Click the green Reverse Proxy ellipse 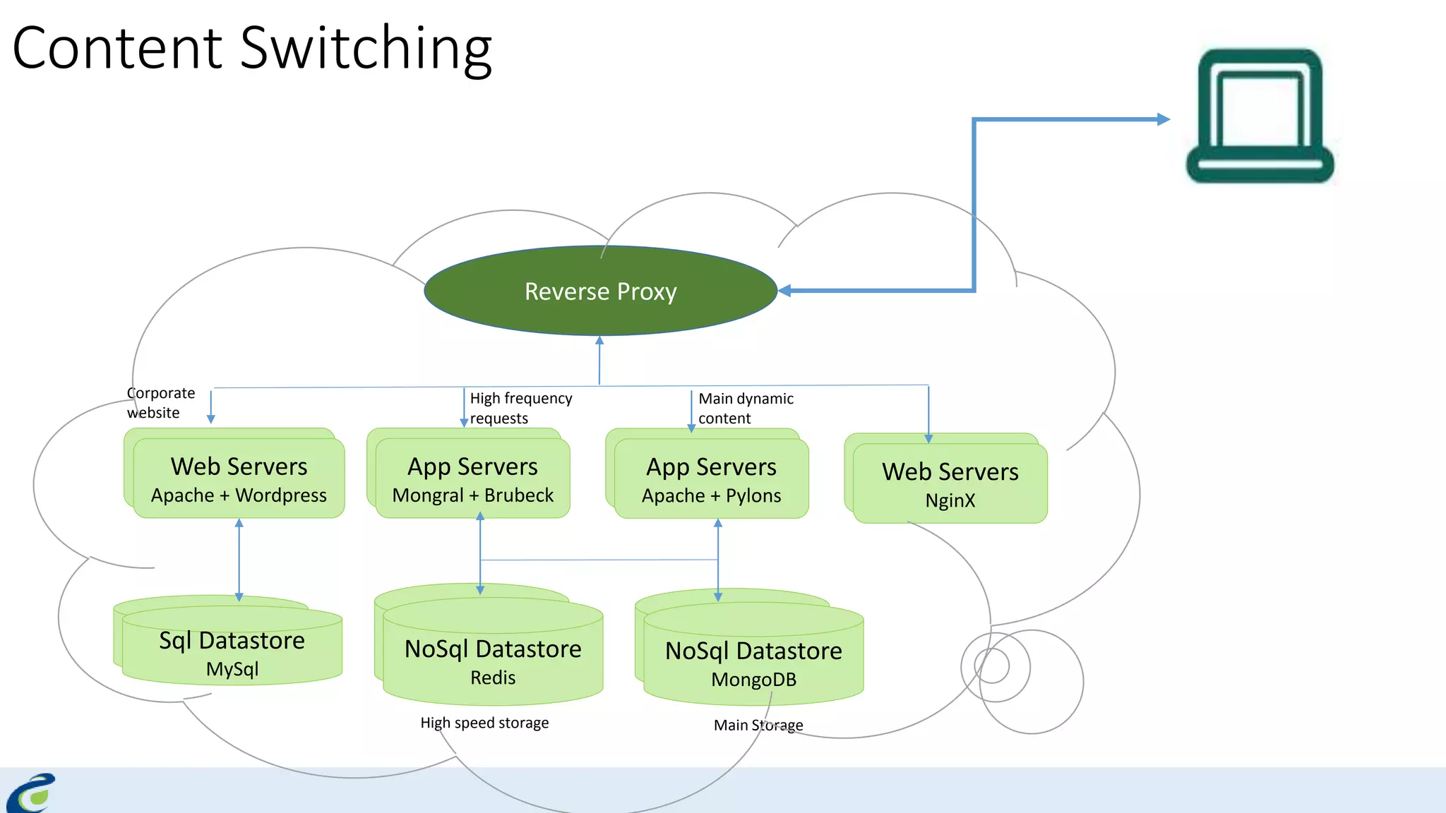600,291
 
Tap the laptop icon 1260,116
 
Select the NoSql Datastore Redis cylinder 493,661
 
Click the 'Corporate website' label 160,402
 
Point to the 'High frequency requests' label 520,408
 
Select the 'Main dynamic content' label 745,408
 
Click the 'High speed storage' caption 484,723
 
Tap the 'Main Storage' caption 758,725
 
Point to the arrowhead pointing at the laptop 1163,119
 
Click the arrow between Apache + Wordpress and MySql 239,559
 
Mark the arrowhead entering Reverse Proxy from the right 784,290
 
